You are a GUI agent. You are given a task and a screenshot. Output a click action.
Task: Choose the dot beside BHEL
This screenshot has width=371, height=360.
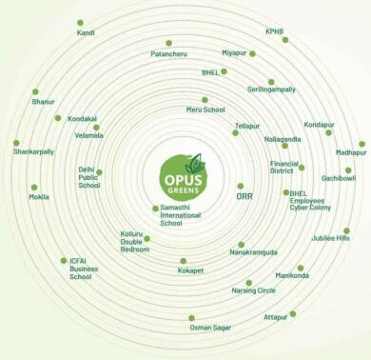[224, 70]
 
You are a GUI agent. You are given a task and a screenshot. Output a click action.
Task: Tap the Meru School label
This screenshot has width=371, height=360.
[206, 110]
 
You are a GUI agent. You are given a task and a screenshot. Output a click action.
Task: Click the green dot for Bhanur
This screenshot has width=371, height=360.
[35, 92]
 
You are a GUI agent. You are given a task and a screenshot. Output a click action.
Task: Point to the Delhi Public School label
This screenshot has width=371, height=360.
[88, 177]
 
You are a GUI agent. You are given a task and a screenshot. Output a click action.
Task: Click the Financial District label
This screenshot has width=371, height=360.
[283, 167]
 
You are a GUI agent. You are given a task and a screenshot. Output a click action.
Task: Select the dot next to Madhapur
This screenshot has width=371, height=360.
[361, 144]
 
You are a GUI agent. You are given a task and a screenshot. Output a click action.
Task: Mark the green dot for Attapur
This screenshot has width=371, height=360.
[292, 312]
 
